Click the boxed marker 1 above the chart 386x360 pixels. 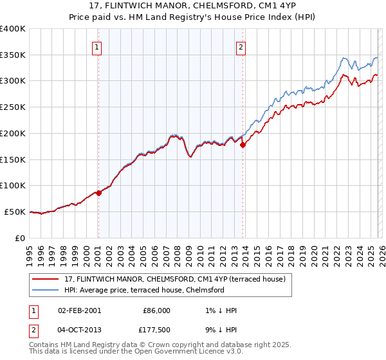tap(96, 46)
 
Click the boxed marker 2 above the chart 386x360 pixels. tap(241, 46)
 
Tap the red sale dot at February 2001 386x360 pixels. tap(98, 193)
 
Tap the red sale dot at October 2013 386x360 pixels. tap(243, 145)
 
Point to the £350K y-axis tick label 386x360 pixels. tap(13, 55)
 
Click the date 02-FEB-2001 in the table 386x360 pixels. tap(79, 310)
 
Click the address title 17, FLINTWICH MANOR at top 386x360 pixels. tap(193, 6)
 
